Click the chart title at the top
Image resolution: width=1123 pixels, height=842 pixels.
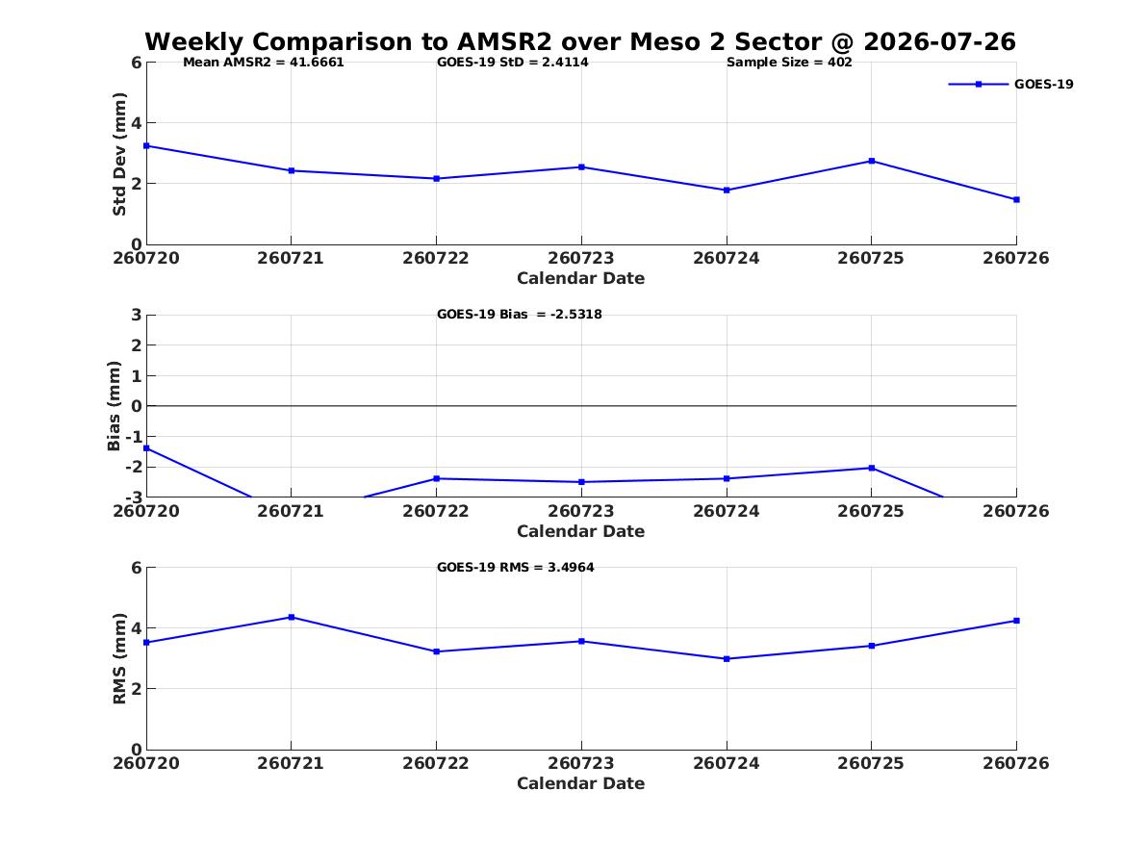tap(580, 41)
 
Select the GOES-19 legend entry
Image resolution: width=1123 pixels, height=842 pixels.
tap(1010, 84)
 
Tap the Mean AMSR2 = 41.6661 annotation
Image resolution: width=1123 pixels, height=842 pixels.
tap(264, 63)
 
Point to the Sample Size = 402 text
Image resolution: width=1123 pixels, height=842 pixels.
tap(789, 63)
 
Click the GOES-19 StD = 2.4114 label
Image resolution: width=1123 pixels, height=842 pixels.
tap(513, 63)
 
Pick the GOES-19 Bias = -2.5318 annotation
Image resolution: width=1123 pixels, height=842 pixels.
tap(520, 315)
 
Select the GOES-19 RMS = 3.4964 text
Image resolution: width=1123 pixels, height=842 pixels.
tap(516, 567)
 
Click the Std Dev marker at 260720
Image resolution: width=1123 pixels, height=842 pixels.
tap(147, 146)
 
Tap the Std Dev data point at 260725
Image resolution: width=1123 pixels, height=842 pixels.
tap(872, 161)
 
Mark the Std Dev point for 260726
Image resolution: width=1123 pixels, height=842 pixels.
tap(1016, 200)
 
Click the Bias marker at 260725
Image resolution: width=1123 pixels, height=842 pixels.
tap(872, 469)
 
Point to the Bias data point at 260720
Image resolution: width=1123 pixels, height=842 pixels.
tap(147, 448)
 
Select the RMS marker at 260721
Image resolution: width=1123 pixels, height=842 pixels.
tap(292, 617)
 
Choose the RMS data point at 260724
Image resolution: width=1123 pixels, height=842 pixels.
tap(727, 659)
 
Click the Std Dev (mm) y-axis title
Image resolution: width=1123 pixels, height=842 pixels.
tap(119, 154)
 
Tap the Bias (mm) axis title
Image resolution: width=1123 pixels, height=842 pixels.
tap(114, 406)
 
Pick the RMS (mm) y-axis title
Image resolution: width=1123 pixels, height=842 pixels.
tap(119, 659)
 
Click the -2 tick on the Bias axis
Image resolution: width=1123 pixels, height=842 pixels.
tap(135, 467)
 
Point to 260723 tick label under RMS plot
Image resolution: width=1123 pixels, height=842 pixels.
tap(581, 763)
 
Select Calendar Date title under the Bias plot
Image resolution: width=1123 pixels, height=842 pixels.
tap(581, 531)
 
